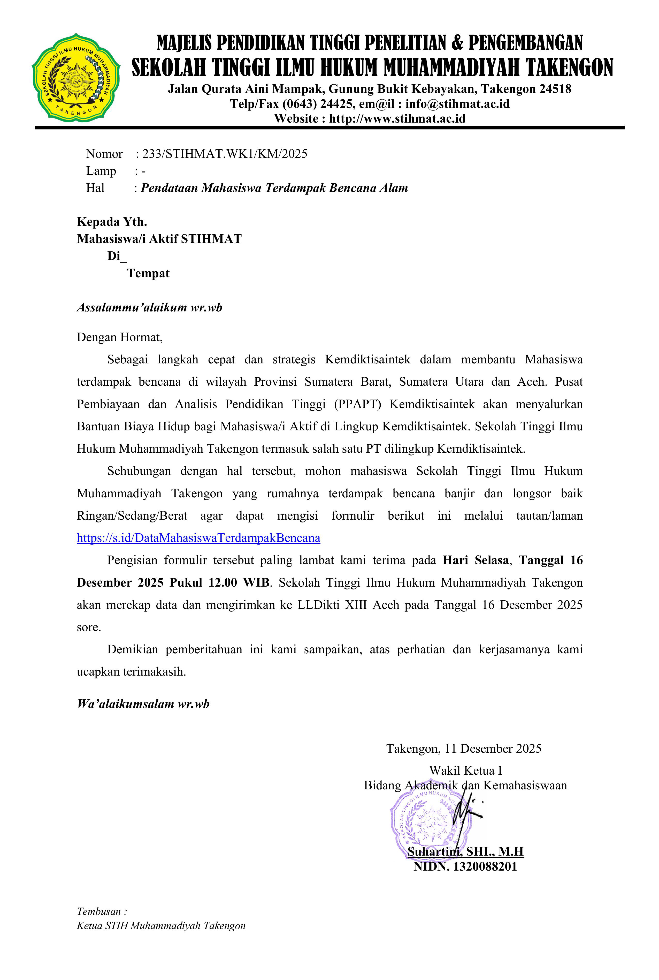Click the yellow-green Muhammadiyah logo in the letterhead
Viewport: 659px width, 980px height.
pos(76,78)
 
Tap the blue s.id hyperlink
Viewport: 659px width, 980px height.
pos(198,538)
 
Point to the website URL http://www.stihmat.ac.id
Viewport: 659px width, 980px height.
pos(397,119)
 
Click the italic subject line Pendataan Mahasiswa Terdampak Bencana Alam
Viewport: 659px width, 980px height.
pos(274,188)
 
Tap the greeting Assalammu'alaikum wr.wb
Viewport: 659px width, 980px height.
pos(149,308)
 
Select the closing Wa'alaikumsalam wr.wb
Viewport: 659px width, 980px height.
pos(143,704)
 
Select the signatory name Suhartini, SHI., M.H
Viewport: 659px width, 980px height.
pos(465,851)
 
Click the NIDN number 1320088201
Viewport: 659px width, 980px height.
pos(484,866)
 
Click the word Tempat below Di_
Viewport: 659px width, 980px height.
pos(148,273)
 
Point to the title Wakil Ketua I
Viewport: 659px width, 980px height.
pos(465,770)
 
